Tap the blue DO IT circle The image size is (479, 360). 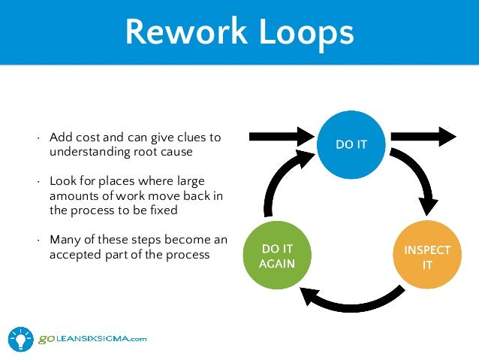[351, 144]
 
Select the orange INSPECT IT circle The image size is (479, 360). [426, 256]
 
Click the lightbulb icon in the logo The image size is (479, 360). [21, 337]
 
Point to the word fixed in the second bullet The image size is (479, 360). [162, 210]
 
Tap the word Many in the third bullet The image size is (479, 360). [64, 240]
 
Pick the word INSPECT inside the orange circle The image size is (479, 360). [426, 250]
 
